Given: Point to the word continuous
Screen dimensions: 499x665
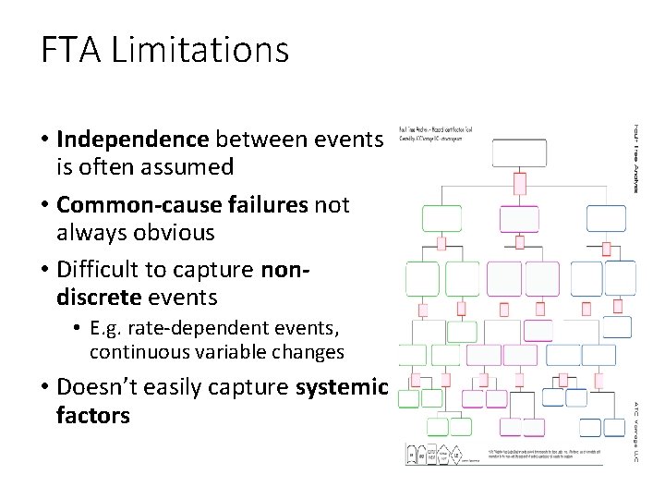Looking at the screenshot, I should pos(132,352).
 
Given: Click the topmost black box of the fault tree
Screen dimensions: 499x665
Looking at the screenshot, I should pos(518,152).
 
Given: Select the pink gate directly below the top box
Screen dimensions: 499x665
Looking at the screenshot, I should pos(519,183).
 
